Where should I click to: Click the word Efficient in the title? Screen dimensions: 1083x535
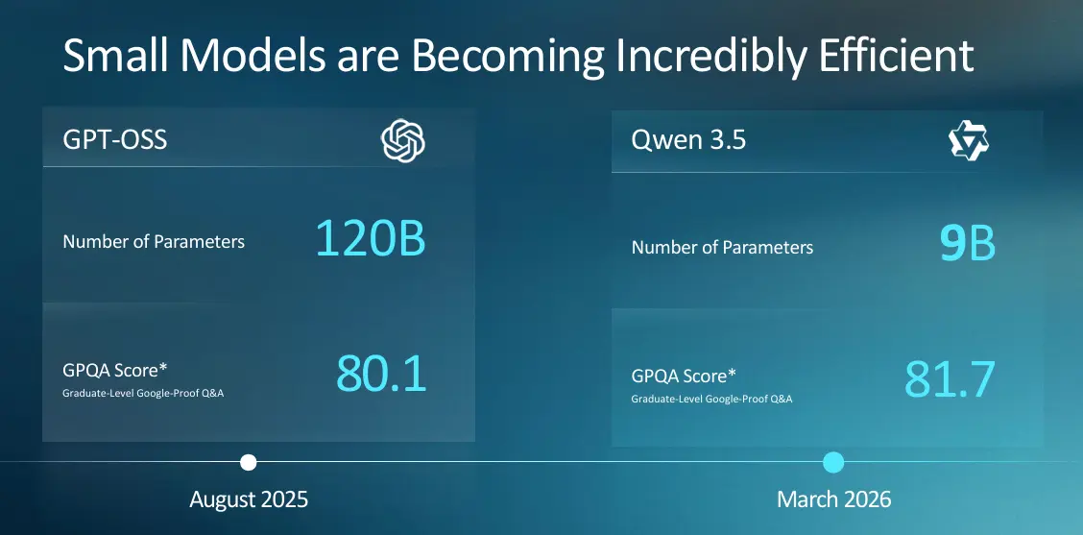[897, 56]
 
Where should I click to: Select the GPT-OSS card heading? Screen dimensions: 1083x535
[114, 140]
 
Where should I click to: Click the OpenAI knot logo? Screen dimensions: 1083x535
[402, 141]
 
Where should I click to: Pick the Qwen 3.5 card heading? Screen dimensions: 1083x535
[688, 140]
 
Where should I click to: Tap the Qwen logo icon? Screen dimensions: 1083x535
[969, 141]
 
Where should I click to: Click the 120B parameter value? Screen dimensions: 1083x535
[371, 238]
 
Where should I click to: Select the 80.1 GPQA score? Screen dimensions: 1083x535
[381, 374]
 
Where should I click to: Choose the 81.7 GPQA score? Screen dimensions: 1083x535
[950, 379]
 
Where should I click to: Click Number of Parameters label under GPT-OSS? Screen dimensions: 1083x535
[154, 241]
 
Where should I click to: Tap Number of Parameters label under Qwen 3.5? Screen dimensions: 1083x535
[722, 248]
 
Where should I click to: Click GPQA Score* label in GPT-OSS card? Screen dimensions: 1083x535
[114, 371]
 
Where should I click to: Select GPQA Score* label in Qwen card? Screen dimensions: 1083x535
[684, 376]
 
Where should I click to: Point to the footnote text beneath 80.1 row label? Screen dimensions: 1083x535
[143, 393]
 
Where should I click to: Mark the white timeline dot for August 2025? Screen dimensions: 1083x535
[249, 462]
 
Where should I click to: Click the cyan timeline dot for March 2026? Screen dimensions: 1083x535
[833, 462]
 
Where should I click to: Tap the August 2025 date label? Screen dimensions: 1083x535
[249, 499]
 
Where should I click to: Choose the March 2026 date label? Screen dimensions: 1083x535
[833, 499]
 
